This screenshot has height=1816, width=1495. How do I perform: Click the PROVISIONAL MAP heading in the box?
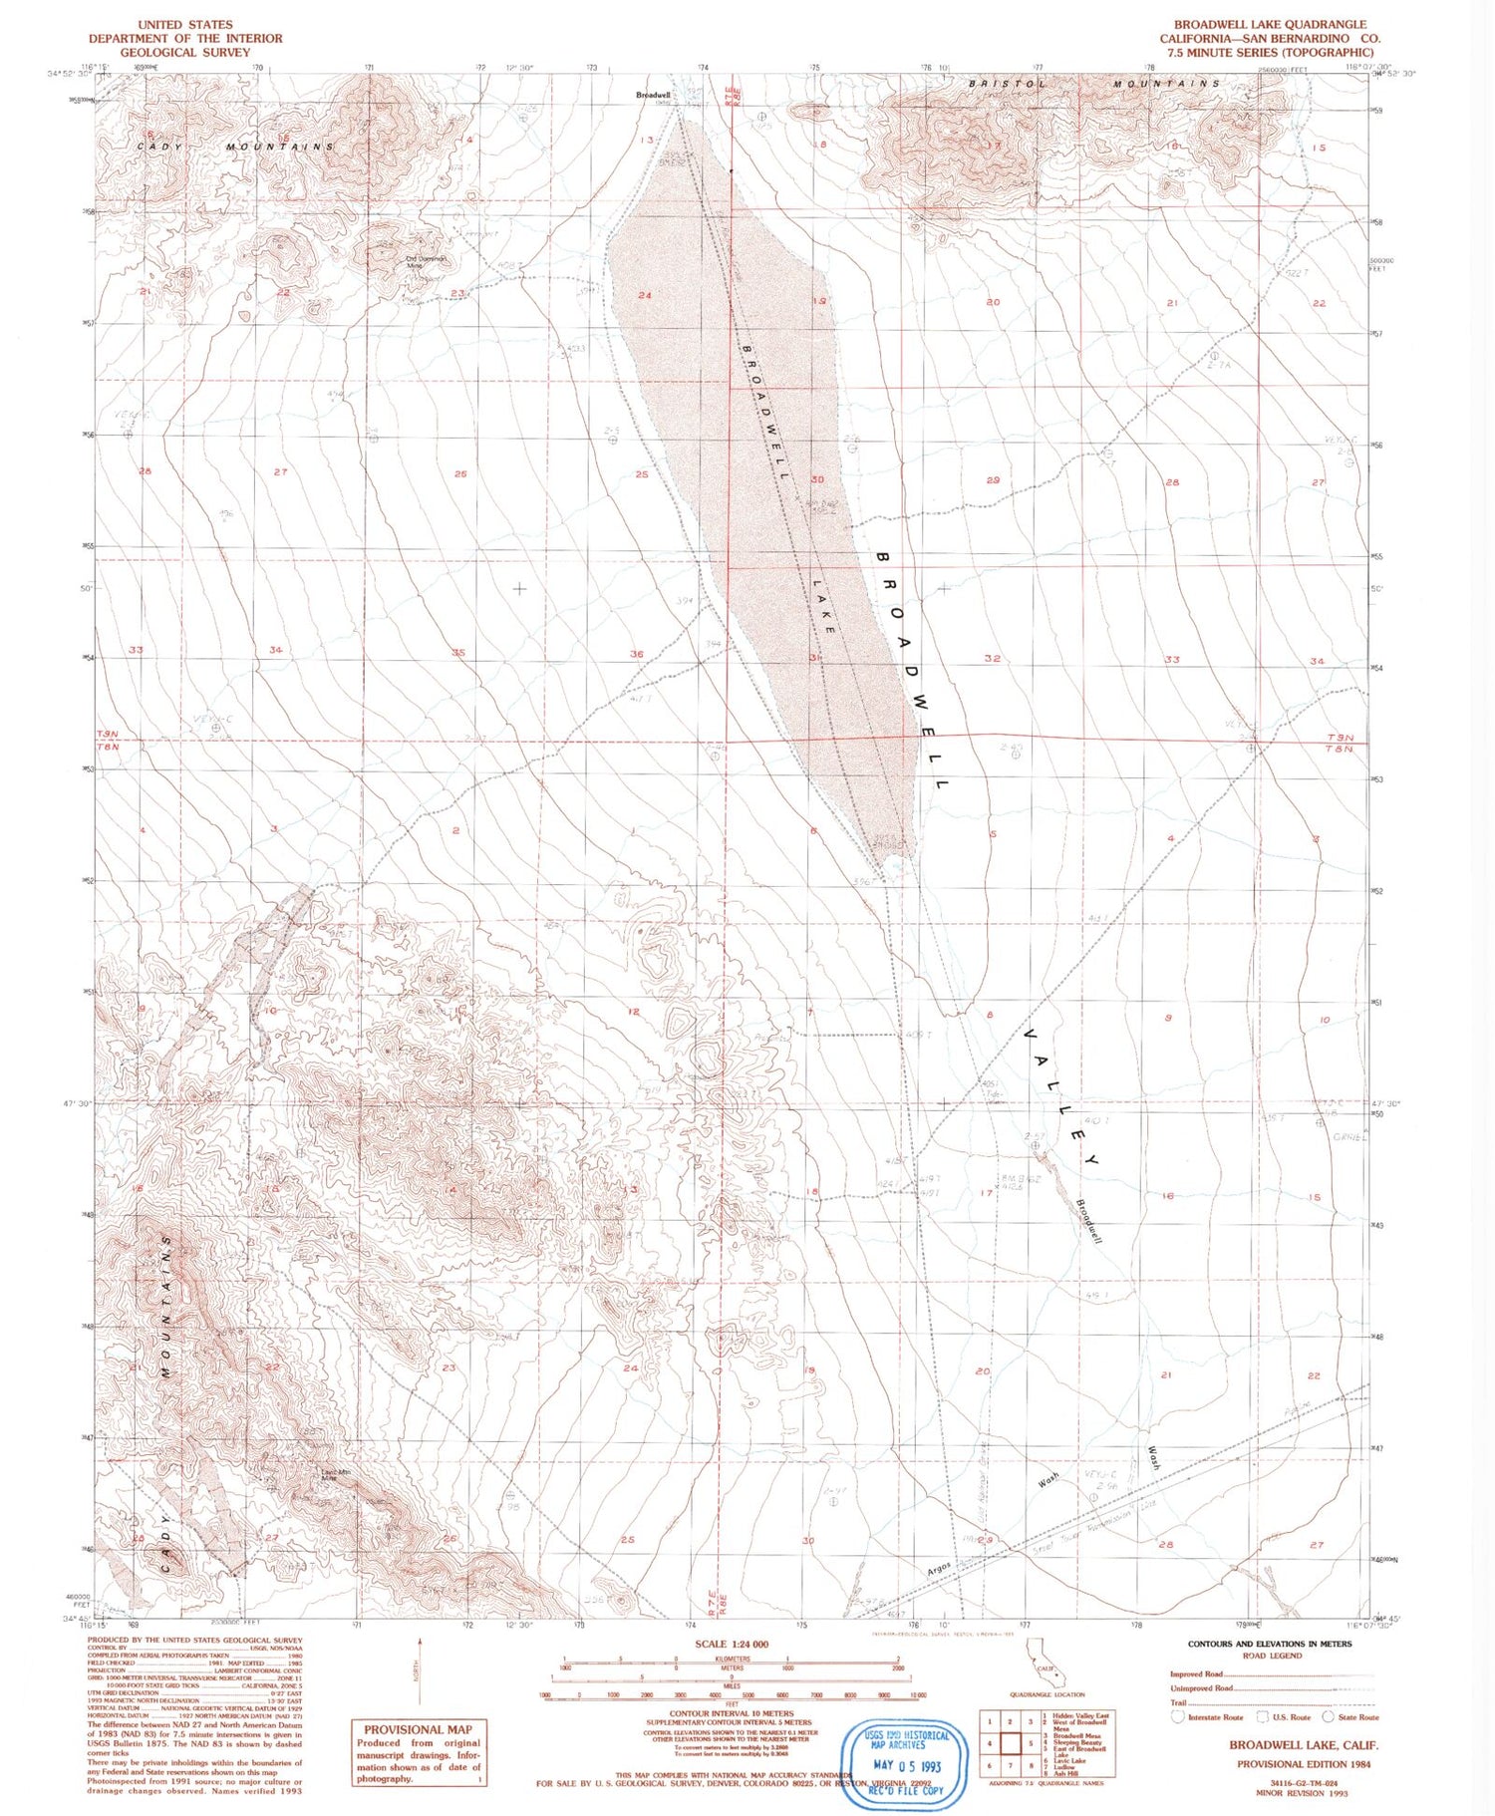(x=418, y=1729)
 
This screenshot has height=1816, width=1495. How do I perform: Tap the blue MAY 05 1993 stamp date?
(x=905, y=1765)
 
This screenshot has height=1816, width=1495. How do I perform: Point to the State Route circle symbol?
(x=1328, y=1716)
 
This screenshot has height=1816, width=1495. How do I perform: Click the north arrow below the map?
(x=420, y=1663)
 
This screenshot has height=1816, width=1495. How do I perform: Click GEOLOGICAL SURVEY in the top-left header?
(x=185, y=52)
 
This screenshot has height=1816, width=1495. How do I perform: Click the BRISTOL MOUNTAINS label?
(x=1093, y=84)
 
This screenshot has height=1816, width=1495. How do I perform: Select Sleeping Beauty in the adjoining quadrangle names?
(x=1079, y=1742)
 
